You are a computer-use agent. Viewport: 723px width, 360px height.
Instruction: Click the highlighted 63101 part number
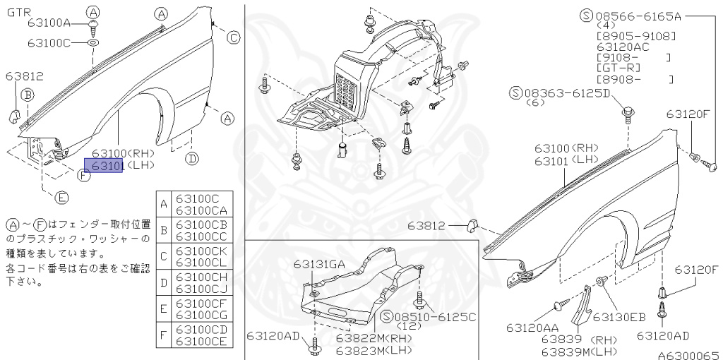pos(104,166)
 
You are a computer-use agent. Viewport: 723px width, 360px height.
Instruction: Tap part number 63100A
pos(49,23)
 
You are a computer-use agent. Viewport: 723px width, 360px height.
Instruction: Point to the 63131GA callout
pos(320,264)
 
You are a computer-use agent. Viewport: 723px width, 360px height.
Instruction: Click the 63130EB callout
pos(619,317)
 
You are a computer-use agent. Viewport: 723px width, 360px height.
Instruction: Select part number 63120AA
pos(532,328)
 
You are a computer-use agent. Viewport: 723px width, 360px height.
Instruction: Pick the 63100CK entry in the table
pos(201,251)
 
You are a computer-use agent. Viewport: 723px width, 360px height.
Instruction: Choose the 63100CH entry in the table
pos(201,277)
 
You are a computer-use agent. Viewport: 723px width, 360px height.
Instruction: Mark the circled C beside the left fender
pos(233,38)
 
